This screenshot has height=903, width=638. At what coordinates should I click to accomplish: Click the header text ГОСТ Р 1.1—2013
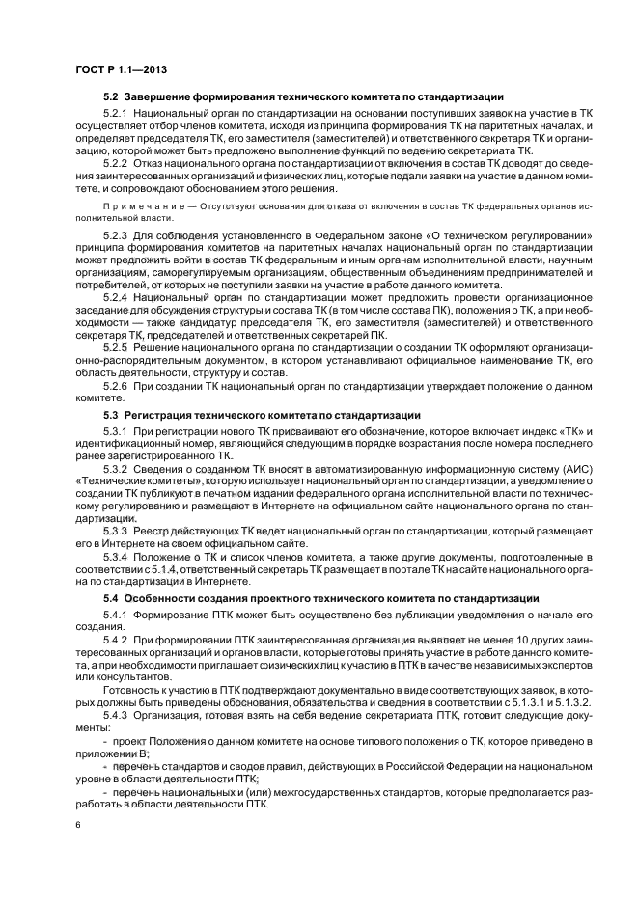(115, 69)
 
